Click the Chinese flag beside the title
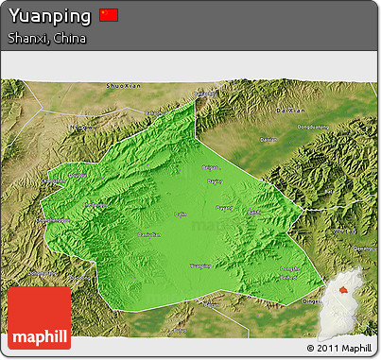point(109,15)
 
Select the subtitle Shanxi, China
point(46,39)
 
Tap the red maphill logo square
point(39,317)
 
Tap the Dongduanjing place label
point(315,127)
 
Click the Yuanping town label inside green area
point(200,266)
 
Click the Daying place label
point(215,180)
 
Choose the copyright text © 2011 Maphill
point(339,349)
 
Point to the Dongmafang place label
point(46,220)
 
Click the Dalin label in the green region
point(180,214)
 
